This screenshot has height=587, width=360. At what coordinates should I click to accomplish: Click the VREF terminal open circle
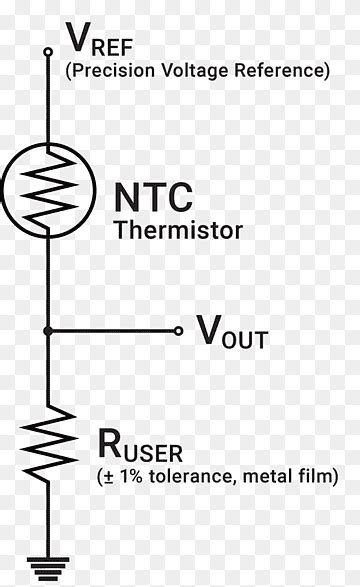tap(47, 51)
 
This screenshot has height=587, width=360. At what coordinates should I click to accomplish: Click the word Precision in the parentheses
tap(107, 71)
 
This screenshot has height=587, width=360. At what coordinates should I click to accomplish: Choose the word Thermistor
tap(179, 230)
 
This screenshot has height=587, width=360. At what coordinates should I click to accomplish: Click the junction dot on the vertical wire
tap(47, 331)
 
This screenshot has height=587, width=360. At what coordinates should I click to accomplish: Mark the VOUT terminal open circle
tap(178, 331)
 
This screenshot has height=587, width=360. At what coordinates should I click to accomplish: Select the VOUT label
tap(231, 332)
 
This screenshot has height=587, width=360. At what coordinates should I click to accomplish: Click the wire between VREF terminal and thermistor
tap(47, 100)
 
